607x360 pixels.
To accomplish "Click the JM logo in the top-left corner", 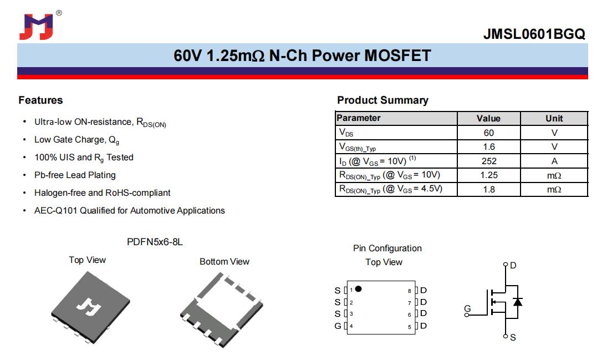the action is [x=37, y=27].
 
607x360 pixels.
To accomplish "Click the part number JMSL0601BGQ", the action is [x=534, y=34].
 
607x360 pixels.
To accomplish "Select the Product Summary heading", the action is [x=382, y=100].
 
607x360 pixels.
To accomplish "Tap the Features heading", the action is [x=40, y=100].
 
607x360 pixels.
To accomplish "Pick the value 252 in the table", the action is [x=489, y=161].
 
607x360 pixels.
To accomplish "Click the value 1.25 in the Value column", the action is [x=489, y=175].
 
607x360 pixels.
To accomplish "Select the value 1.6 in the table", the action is [x=489, y=147].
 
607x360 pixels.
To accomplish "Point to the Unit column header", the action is [x=554, y=118].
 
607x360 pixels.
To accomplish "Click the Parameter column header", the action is [x=359, y=118].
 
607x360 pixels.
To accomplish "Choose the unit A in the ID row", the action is [x=554, y=161].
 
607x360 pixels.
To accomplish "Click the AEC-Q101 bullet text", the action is [x=129, y=210].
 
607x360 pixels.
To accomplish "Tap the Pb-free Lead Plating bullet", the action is [x=75, y=175].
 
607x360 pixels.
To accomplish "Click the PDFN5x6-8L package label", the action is [x=155, y=242].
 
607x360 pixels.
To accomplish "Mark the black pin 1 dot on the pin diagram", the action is [x=359, y=288].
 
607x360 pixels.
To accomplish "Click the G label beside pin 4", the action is [x=338, y=326].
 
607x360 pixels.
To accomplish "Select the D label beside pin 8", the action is [x=424, y=290].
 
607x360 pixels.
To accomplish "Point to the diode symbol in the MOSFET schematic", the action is [x=518, y=302].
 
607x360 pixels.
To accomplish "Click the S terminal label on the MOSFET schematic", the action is [x=513, y=337].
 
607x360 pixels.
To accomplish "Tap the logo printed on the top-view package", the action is [x=89, y=307].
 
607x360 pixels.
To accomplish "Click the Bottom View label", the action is [x=225, y=262].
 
